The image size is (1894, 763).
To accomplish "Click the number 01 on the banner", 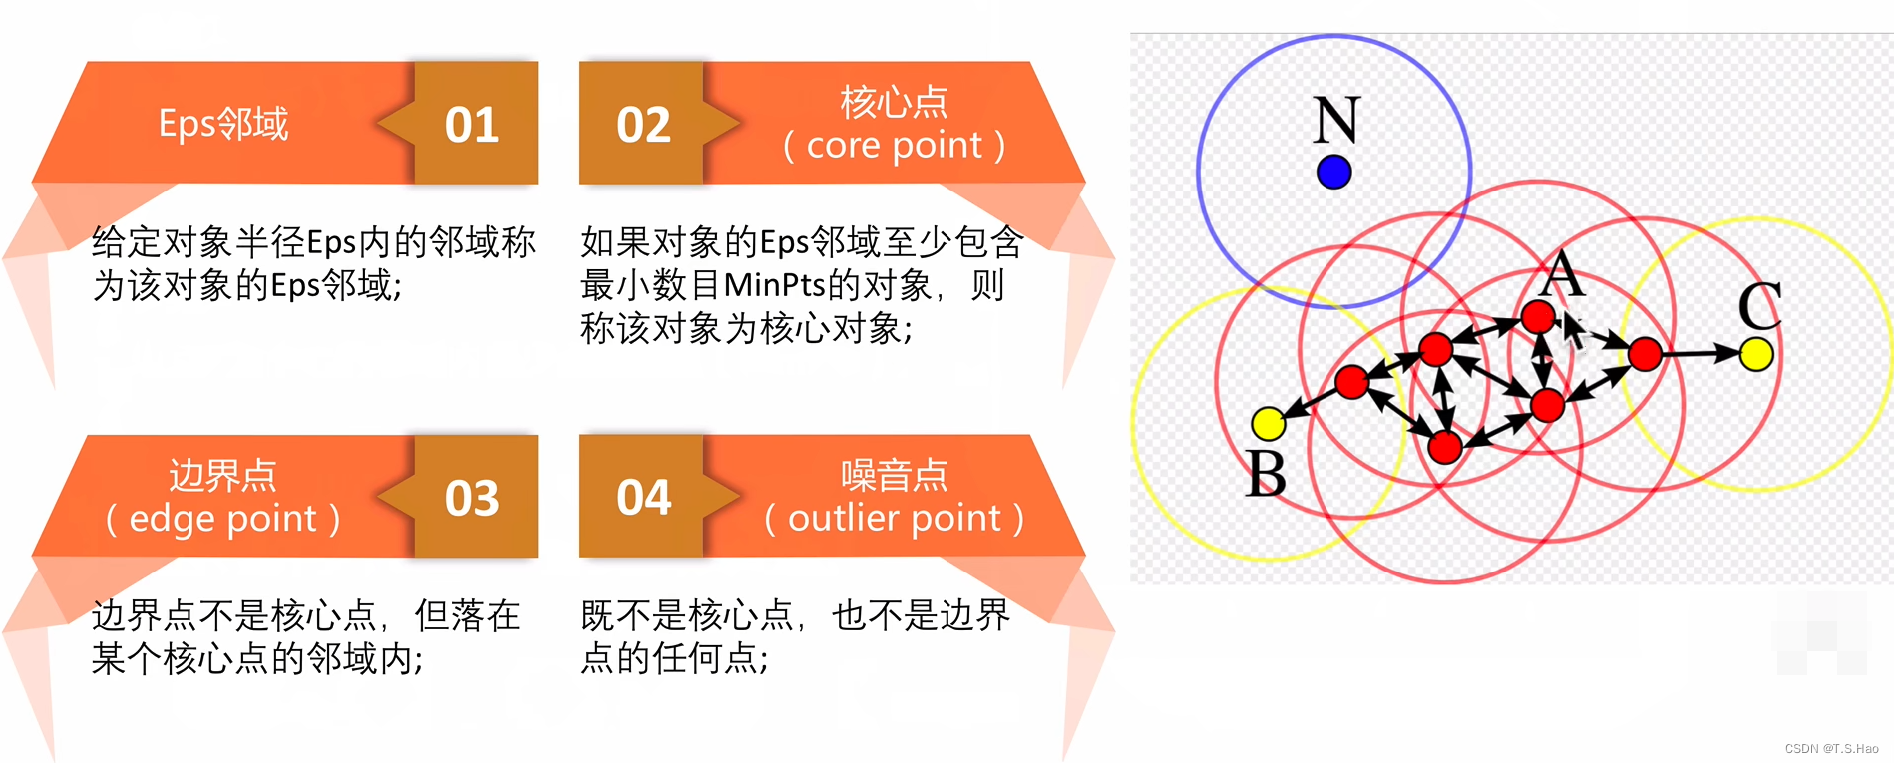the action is [x=472, y=125].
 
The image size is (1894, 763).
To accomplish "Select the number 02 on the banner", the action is [x=643, y=125].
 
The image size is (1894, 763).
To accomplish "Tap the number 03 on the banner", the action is [x=472, y=498].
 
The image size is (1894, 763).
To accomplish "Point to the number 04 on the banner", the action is [x=643, y=498].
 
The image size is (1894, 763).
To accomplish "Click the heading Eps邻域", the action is [x=223, y=124].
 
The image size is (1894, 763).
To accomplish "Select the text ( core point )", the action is [x=894, y=146].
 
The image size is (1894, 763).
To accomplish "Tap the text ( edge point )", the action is [x=223, y=519].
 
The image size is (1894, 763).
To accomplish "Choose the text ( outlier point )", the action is [x=894, y=519].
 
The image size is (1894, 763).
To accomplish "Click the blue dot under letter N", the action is [x=1333, y=172].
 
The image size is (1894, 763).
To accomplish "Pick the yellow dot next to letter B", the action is [x=1268, y=423].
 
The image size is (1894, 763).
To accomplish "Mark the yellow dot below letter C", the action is [x=1756, y=353].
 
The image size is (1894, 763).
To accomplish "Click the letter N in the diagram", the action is [x=1335, y=120].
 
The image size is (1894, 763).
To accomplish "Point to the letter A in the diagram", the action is [x=1563, y=273].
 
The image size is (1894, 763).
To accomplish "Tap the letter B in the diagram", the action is [x=1266, y=473].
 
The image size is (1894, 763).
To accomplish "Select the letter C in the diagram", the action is [x=1759, y=305].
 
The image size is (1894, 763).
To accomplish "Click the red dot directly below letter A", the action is [x=1538, y=317].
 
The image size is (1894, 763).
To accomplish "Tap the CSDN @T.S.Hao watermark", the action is [x=1831, y=748].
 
